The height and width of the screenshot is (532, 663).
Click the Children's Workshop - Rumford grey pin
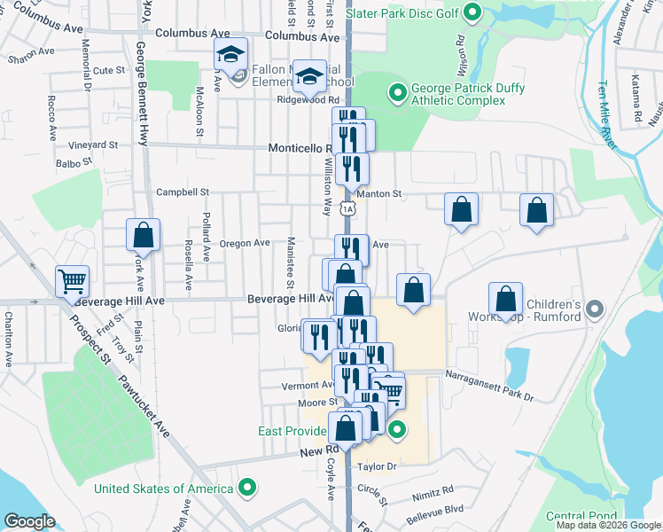595,309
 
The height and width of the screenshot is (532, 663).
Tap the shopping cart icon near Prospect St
73,282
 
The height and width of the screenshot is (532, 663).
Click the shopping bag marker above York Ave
143,235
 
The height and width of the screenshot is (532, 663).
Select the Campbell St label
182,192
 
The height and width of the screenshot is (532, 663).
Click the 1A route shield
350,208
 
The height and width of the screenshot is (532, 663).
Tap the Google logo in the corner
29,521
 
